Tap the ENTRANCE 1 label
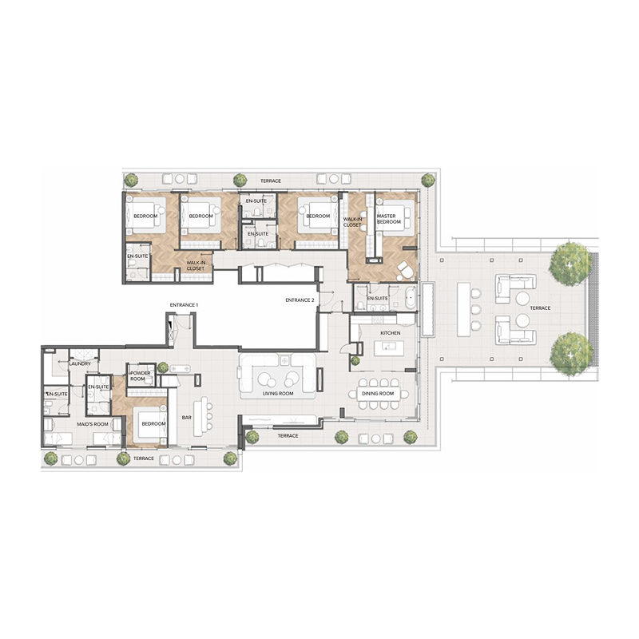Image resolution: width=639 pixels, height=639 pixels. [184, 305]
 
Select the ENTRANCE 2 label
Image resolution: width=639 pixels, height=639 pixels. [300, 300]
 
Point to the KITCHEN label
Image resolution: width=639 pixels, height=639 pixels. [390, 331]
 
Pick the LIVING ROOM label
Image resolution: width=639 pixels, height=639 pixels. [279, 394]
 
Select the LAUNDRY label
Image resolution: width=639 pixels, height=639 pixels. [80, 364]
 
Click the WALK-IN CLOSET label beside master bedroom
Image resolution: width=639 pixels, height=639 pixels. [352, 221]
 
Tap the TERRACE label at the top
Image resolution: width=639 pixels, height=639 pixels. [270, 181]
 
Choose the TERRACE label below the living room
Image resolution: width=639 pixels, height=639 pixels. [288, 436]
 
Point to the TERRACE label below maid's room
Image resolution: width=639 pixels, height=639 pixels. [143, 458]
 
